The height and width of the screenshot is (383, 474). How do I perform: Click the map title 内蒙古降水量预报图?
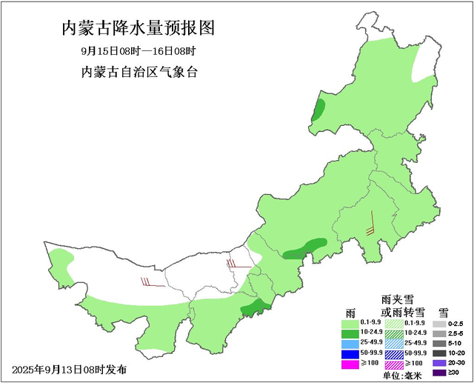[138, 29]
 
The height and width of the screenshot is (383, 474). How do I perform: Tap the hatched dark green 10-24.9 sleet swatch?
[393, 333]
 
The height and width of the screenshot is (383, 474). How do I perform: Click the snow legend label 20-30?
[458, 363]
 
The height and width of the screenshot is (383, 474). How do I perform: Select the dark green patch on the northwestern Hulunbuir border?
[318, 111]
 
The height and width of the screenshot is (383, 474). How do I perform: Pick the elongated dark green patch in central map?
[304, 248]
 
